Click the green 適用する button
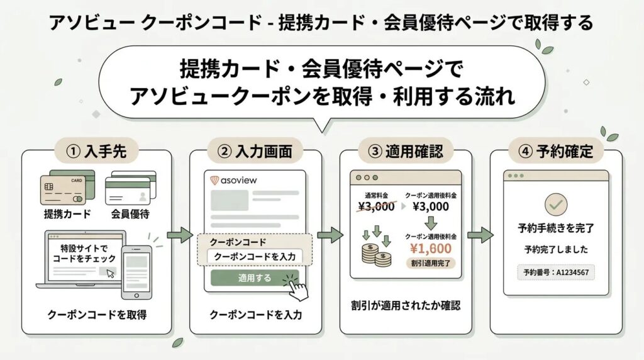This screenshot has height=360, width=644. [x=254, y=278]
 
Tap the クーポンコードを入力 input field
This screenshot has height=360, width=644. [x=255, y=257]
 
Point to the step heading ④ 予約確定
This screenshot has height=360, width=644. [x=556, y=152]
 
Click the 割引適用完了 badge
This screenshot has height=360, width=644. [x=432, y=262]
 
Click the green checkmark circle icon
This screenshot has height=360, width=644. [x=556, y=203]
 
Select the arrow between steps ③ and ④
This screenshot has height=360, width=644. [x=480, y=236]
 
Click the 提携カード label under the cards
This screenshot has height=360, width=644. [x=67, y=213]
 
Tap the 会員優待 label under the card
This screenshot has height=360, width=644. [x=130, y=213]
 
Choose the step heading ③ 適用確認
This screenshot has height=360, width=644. [x=406, y=152]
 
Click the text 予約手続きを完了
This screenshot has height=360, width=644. [x=556, y=228]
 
